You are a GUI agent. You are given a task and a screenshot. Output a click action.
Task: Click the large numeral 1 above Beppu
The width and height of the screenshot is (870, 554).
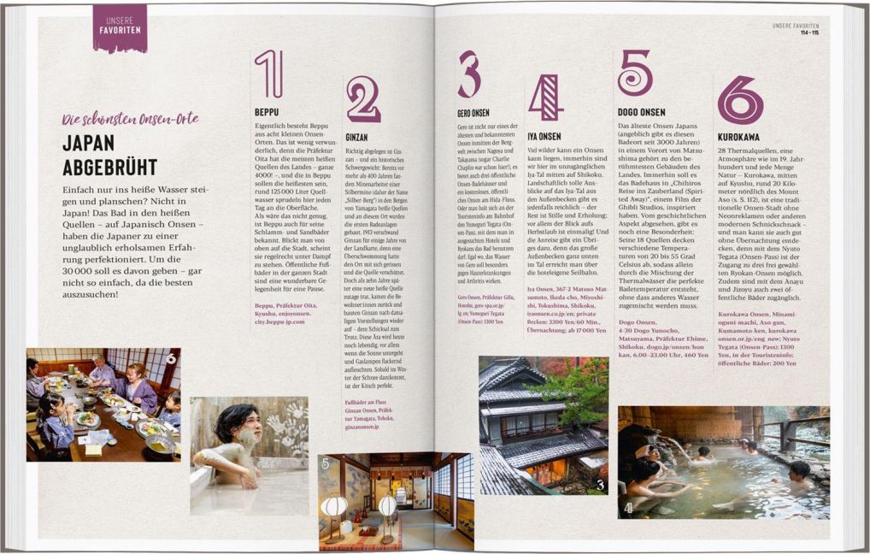[268, 74]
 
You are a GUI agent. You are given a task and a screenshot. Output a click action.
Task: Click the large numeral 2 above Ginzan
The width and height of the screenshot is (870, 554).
[363, 100]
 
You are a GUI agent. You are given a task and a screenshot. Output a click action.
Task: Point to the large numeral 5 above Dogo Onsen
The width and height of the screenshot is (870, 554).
[635, 74]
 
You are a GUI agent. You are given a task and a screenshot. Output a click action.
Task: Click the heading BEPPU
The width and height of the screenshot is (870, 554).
[267, 112]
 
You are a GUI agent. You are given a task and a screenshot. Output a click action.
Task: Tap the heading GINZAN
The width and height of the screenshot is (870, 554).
[356, 137]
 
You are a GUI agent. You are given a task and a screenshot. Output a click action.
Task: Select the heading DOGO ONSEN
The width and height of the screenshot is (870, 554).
[641, 112]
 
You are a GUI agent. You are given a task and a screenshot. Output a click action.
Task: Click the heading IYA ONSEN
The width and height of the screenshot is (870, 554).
[544, 136]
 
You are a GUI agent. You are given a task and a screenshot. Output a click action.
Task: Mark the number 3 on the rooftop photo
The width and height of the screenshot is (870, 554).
[600, 485]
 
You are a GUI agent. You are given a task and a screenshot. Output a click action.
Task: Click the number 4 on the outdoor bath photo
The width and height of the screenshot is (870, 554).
[628, 508]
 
